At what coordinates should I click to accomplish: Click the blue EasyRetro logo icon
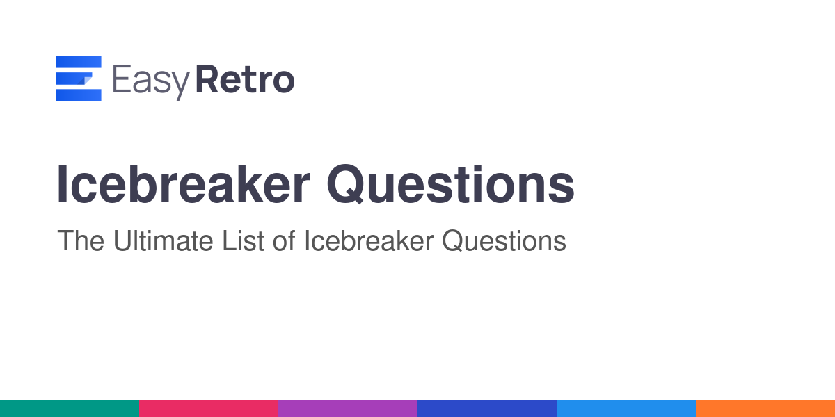click(x=78, y=78)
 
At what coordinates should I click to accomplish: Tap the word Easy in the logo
click(x=151, y=82)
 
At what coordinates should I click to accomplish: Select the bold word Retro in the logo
click(x=245, y=79)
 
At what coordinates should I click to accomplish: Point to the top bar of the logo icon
click(x=78, y=61)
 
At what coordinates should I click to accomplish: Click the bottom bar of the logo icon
click(x=78, y=95)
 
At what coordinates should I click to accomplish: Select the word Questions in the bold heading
click(x=451, y=184)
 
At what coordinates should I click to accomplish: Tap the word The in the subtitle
click(x=81, y=241)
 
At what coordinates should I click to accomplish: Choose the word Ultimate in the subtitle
click(x=164, y=241)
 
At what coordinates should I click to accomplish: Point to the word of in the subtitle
click(x=284, y=241)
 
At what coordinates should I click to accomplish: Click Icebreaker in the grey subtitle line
click(x=369, y=241)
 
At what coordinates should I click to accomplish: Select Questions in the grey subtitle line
click(x=504, y=241)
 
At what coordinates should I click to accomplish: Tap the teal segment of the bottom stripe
click(x=70, y=409)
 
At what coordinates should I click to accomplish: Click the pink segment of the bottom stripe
click(x=209, y=409)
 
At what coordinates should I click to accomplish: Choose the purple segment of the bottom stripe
click(x=348, y=409)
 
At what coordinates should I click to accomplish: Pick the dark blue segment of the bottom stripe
click(x=487, y=409)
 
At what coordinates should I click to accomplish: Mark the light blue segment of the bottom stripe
click(x=626, y=409)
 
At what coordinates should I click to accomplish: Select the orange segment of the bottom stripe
click(x=765, y=409)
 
